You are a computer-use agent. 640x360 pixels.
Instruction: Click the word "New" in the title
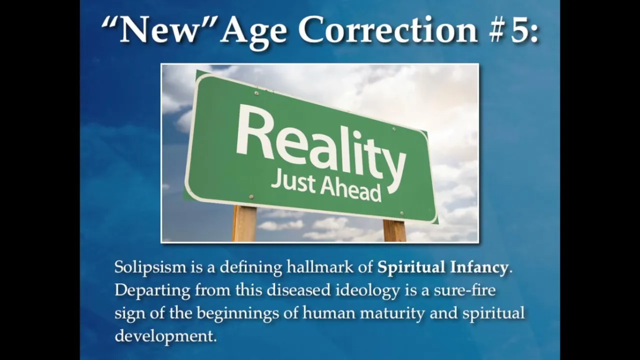coord(159,29)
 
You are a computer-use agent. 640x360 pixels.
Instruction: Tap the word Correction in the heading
coord(387,29)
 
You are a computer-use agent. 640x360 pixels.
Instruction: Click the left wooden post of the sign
coord(244,223)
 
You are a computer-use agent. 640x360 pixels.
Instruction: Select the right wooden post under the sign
coord(394,230)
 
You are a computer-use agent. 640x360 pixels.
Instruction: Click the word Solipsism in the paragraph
coord(150,267)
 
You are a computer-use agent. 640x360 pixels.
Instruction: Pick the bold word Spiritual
coord(411,267)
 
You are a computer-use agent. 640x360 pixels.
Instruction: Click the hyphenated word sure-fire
coord(465,290)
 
